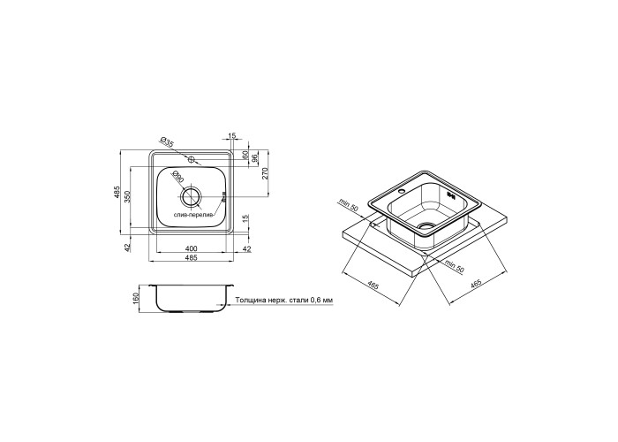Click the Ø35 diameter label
167,142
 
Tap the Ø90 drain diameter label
178,177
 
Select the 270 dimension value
265,173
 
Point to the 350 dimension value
127,196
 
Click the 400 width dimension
191,248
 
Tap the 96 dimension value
254,158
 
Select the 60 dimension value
245,155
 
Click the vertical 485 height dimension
117,192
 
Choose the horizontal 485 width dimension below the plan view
191,258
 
